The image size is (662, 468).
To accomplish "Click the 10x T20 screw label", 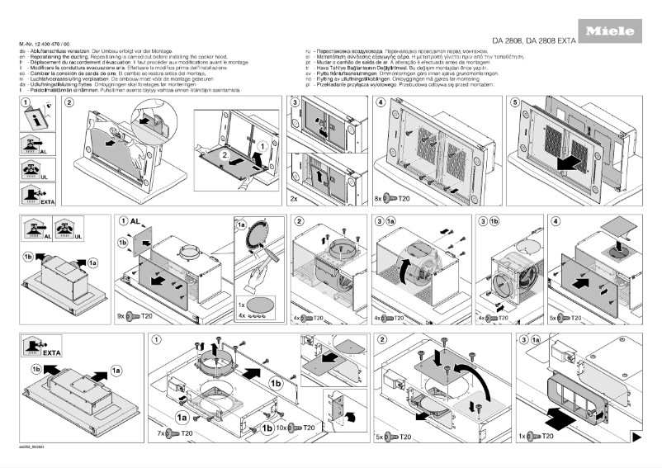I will click(x=299, y=428).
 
